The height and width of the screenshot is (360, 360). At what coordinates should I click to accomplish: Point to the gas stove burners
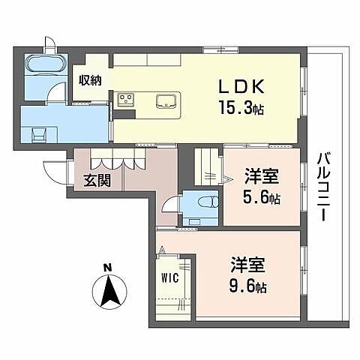(x=124, y=98)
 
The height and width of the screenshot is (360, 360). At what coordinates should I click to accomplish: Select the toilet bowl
(x=205, y=202)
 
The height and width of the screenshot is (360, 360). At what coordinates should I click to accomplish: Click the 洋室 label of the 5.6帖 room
(x=262, y=179)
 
